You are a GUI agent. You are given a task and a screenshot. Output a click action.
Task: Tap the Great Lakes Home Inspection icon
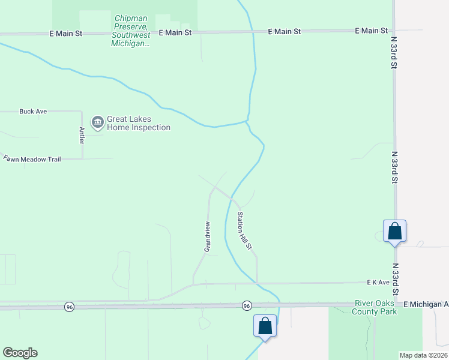pos(97,122)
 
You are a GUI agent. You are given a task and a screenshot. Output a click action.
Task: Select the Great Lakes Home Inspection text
pos(139,124)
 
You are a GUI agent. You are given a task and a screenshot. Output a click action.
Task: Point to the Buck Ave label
pos(33,111)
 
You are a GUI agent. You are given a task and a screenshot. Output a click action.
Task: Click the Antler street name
pos(81,134)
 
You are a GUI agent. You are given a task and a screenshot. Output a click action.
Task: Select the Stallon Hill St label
pos(244,230)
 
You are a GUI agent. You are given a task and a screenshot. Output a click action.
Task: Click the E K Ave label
pos(379,281)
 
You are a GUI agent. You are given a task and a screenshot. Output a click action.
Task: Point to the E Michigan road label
pos(426,305)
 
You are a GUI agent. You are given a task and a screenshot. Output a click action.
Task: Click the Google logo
pos(20,353)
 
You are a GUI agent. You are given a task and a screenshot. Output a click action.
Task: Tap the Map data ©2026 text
pos(423,355)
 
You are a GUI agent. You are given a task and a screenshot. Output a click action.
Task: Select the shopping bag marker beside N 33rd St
pos(394,231)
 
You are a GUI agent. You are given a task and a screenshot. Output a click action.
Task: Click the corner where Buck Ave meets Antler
pos(82,111)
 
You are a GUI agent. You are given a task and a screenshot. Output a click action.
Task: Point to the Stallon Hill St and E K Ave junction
pos(258,283)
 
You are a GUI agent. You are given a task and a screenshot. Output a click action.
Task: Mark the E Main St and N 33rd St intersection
pos(393,30)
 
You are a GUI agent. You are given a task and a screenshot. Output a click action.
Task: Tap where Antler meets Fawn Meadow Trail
pos(82,159)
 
